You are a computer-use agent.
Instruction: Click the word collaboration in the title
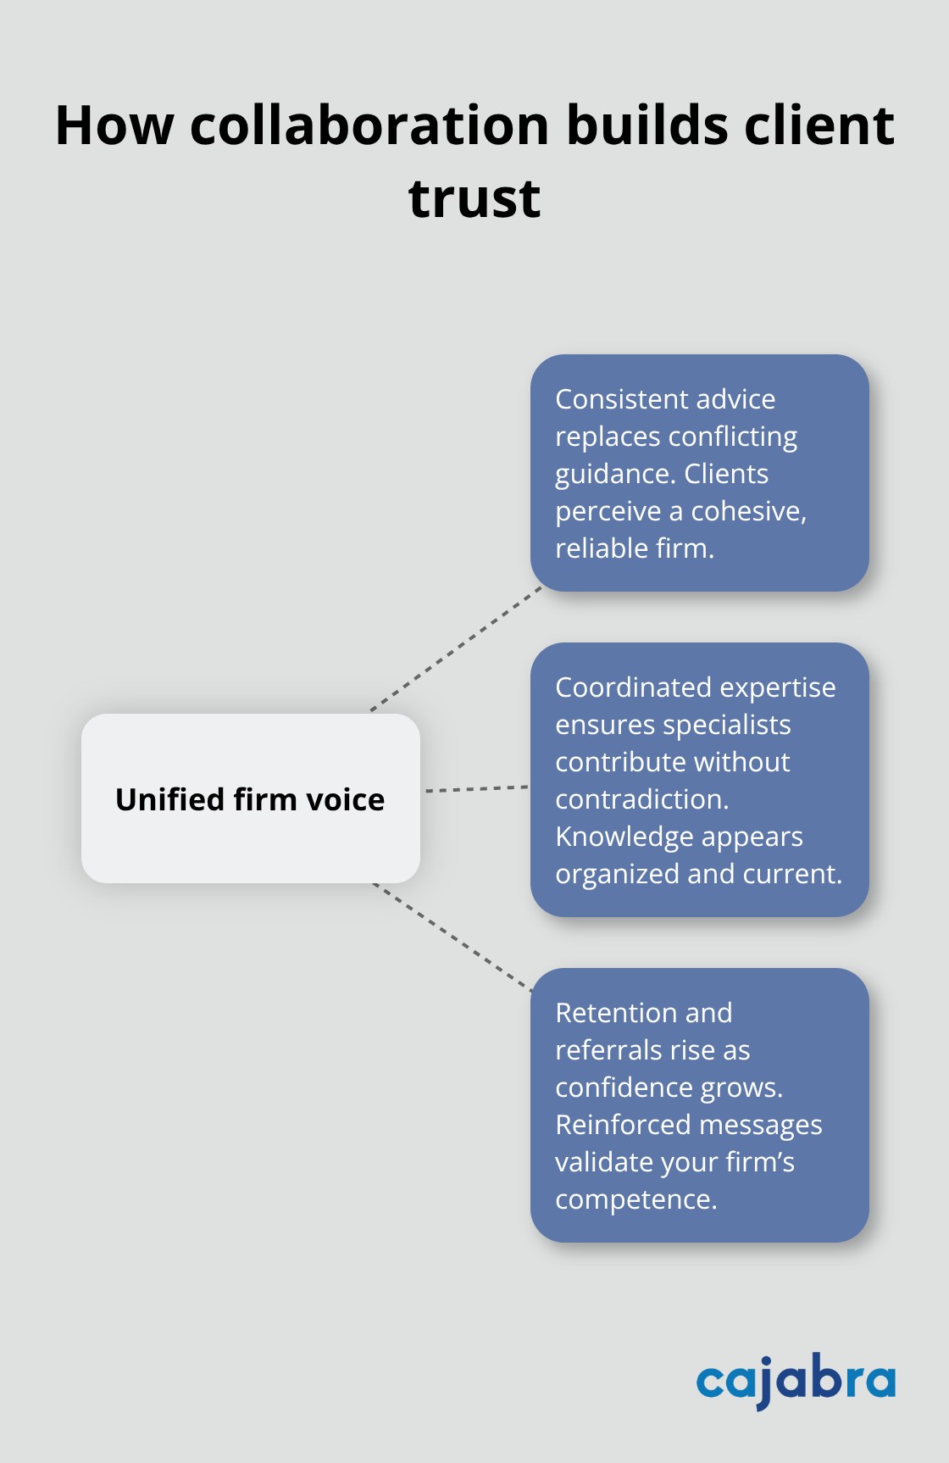[x=370, y=125]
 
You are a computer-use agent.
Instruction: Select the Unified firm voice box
[x=251, y=798]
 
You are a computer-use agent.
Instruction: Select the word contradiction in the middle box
[x=641, y=799]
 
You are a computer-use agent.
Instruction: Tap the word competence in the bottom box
[x=635, y=1199]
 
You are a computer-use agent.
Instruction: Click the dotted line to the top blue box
[x=456, y=648]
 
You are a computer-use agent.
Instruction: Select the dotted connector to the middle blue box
[x=476, y=789]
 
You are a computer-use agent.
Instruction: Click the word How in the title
[x=114, y=125]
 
